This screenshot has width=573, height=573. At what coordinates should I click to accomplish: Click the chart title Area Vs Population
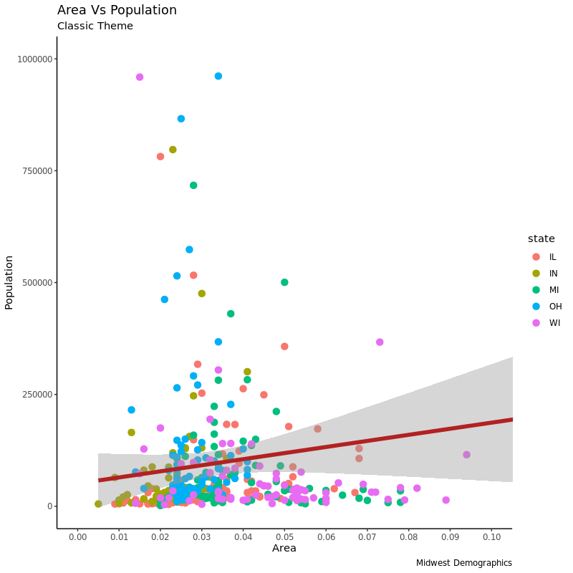coord(117,11)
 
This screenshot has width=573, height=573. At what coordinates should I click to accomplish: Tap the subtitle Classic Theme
coord(95,27)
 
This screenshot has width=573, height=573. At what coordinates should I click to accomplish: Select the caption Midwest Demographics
coord(463,563)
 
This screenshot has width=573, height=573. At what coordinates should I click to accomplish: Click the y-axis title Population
coord(9,282)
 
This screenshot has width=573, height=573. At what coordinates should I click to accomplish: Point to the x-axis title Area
coord(284,549)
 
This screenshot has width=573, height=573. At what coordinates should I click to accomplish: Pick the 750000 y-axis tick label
coord(34,171)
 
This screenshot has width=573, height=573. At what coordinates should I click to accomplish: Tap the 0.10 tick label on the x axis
coord(491,536)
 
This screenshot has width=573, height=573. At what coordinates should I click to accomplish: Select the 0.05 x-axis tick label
coord(284,536)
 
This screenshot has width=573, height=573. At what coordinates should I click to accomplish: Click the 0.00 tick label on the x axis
coord(77,536)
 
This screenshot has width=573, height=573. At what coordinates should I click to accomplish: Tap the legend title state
coord(541,239)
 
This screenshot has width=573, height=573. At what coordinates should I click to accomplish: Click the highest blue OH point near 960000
coord(218,76)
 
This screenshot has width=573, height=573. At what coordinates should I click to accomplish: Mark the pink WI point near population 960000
coord(140,77)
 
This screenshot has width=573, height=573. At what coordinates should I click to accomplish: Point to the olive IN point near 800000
coord(173,150)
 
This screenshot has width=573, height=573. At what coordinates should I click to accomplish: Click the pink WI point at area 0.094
coord(466,455)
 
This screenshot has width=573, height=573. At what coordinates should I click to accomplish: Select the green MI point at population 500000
coord(284,282)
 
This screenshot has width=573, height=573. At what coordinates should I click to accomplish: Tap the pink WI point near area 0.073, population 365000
coord(380,342)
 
